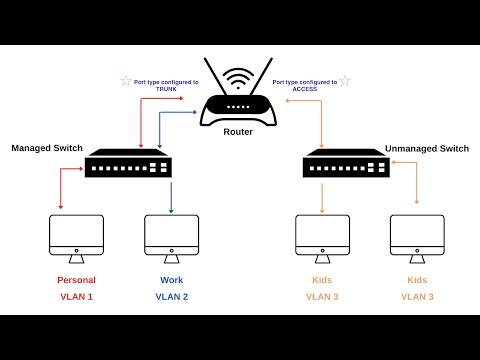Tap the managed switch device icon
pyautogui.click(x=128, y=164)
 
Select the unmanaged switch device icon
pyautogui.click(x=346, y=164)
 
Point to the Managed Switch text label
pyautogui.click(x=45, y=148)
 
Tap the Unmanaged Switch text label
pyautogui.click(x=426, y=148)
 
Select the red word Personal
pyautogui.click(x=77, y=280)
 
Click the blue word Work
pyautogui.click(x=171, y=280)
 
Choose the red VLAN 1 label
pyautogui.click(x=77, y=297)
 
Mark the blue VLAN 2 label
pyautogui.click(x=171, y=297)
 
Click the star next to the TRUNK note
pyautogui.click(x=126, y=80)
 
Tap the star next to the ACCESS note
pyautogui.click(x=345, y=80)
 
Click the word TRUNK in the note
pyautogui.click(x=165, y=88)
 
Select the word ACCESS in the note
pyautogui.click(x=304, y=88)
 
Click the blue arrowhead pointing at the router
pyautogui.click(x=195, y=113)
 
